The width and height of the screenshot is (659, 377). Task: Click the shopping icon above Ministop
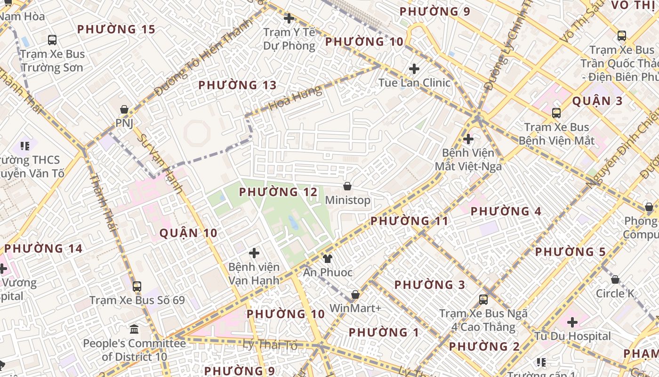(347, 186)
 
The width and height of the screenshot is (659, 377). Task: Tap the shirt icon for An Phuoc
(328, 258)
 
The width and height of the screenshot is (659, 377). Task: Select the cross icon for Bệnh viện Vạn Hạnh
(254, 253)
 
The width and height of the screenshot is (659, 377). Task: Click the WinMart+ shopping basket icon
(355, 295)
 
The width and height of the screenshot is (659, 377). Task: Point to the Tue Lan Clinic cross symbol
(414, 69)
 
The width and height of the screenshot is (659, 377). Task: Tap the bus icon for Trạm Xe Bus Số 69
(137, 286)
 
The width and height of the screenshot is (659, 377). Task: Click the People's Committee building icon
(134, 329)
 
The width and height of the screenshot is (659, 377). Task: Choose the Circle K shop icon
(615, 279)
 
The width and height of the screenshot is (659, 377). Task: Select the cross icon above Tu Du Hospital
(572, 322)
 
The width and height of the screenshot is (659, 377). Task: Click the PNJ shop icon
(124, 109)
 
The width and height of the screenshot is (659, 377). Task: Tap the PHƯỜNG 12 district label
(278, 192)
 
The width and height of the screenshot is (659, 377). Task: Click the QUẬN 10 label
(188, 233)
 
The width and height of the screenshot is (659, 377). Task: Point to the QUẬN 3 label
(597, 101)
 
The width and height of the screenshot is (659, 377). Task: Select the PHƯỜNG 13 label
(237, 85)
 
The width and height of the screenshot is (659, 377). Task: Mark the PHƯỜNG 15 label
(116, 29)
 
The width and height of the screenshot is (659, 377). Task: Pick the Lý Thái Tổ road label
(270, 345)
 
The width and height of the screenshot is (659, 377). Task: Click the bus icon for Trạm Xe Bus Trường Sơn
(52, 40)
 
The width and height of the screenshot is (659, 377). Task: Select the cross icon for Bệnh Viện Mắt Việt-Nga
(468, 139)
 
